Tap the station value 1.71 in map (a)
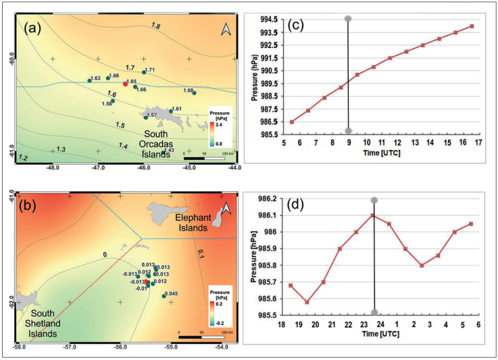pos(150,70)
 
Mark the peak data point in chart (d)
pos(372,215)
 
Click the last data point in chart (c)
pos(472,26)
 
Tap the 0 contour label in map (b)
pos(105,255)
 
